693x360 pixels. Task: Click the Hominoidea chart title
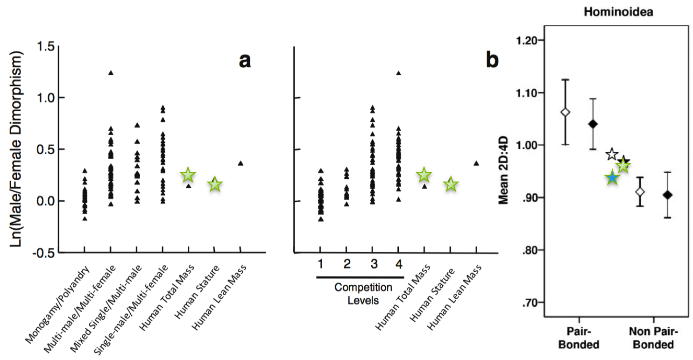click(618, 13)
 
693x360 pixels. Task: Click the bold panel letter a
click(245, 60)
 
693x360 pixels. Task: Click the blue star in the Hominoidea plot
click(612, 178)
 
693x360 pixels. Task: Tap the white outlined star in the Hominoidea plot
click(612, 155)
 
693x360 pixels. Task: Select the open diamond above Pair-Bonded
click(566, 112)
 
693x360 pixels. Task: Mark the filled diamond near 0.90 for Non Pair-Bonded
click(668, 195)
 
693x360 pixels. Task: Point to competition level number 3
click(373, 264)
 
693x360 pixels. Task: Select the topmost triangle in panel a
click(111, 73)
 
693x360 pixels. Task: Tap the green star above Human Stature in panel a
click(214, 184)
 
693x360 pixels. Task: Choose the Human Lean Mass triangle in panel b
click(476, 163)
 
